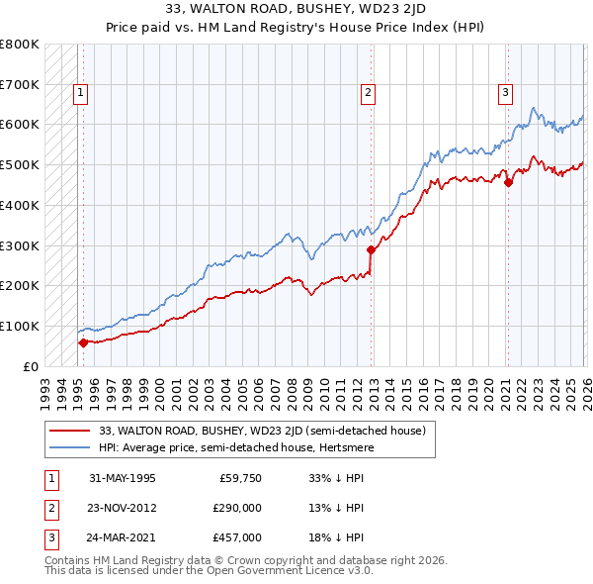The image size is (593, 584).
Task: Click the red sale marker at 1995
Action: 83,342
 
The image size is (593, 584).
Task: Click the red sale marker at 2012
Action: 372,249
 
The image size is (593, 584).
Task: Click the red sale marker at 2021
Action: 508,182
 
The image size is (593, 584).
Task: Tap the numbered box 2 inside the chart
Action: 368,94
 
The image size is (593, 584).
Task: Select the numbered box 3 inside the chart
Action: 504,94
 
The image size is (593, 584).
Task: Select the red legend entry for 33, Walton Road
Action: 262,431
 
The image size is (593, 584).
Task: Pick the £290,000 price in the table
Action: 237,508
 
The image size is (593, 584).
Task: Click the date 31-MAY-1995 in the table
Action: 122,478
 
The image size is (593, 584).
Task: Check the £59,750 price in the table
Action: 241,478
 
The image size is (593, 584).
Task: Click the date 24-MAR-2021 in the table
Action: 122,537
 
